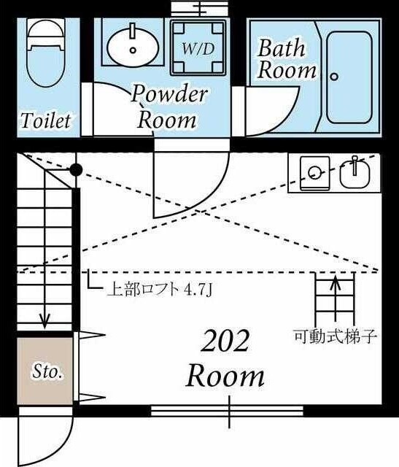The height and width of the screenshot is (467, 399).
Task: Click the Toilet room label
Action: click(x=46, y=120)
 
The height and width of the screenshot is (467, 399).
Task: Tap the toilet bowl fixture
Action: click(x=46, y=58)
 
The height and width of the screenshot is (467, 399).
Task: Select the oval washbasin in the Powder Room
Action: click(x=133, y=46)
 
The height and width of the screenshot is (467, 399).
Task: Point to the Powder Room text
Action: click(x=169, y=107)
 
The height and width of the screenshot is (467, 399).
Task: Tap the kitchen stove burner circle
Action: click(x=314, y=173)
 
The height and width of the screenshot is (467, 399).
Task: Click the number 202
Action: click(x=225, y=341)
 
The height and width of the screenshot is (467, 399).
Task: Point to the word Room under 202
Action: click(x=225, y=377)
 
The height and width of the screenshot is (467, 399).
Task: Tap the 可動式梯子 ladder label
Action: click(x=335, y=337)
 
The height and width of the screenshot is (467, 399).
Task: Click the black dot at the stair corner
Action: click(x=75, y=170)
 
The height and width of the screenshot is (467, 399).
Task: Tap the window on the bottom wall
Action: click(x=230, y=410)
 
